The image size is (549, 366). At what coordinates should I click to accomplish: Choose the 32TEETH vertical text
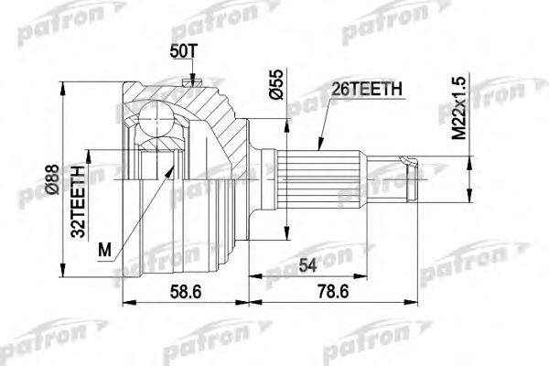79,200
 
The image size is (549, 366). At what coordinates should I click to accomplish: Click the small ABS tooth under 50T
189,84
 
